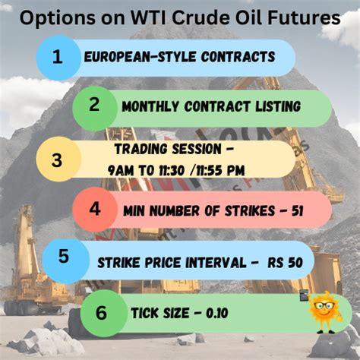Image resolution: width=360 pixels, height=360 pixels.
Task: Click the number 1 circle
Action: point(57,57)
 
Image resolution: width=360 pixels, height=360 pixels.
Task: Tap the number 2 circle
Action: point(94,106)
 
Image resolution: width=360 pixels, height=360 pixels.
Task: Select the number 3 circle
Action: point(57,159)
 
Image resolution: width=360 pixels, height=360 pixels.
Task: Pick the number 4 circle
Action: point(94,208)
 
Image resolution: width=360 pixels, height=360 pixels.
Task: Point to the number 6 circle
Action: point(103,312)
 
